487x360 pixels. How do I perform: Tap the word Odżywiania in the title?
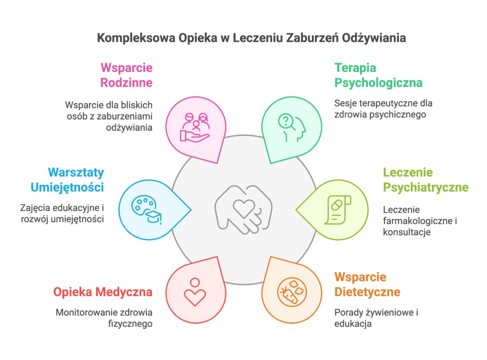pyautogui.click(x=374, y=38)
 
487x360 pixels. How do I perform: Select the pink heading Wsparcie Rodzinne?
pyautogui.click(x=127, y=75)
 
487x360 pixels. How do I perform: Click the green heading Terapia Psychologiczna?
pyautogui.click(x=378, y=75)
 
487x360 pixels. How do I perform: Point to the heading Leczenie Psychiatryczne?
pyautogui.click(x=426, y=180)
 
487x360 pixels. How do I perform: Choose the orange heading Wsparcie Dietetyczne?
pyautogui.click(x=367, y=284)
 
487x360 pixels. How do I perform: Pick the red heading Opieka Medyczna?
pyautogui.click(x=103, y=292)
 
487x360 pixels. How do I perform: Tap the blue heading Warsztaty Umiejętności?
pyautogui.click(x=67, y=180)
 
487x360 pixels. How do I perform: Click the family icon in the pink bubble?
pyautogui.click(x=195, y=127)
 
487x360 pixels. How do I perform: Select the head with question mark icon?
pyautogui.click(x=292, y=127)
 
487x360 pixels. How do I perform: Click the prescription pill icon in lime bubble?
pyautogui.click(x=338, y=210)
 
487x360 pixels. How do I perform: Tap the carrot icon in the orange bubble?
pyautogui.click(x=292, y=292)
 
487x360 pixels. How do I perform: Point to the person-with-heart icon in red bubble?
pyautogui.click(x=195, y=292)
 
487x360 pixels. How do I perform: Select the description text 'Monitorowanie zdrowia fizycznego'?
pyautogui.click(x=104, y=318)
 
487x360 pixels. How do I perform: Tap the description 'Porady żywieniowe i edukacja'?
pyautogui.click(x=376, y=318)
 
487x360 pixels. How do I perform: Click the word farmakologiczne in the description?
pyautogui.click(x=418, y=221)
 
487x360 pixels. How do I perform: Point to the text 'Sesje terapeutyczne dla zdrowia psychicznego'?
pyautogui.click(x=383, y=109)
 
